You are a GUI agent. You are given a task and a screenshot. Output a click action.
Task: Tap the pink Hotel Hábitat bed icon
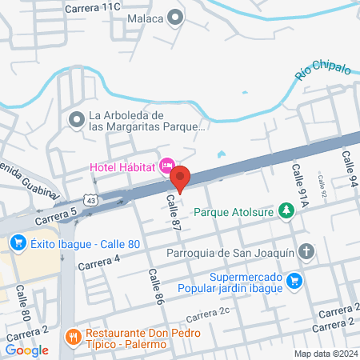(x=167, y=166)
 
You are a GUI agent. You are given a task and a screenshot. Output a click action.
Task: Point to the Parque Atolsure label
(x=235, y=214)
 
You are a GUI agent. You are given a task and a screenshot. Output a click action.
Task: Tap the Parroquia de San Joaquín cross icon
(x=306, y=254)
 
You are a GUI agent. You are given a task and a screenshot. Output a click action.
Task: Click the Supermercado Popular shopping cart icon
(x=295, y=280)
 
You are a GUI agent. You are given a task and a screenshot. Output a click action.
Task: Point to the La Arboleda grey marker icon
(x=77, y=120)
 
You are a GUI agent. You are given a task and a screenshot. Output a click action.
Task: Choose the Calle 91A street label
(x=300, y=189)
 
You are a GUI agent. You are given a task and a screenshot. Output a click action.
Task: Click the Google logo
(x=26, y=350)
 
